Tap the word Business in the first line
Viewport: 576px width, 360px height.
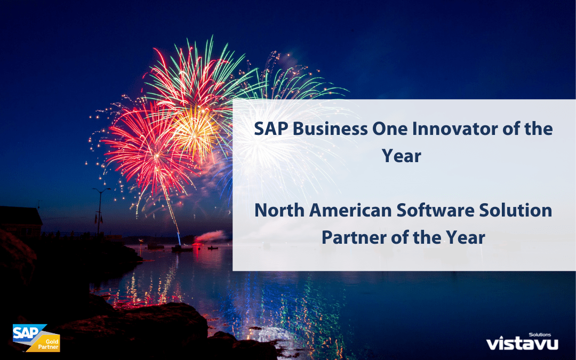click(x=330, y=129)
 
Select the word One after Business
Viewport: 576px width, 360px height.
click(x=389, y=129)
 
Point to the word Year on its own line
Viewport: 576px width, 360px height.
click(x=402, y=156)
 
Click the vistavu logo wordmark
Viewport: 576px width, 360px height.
click(x=522, y=343)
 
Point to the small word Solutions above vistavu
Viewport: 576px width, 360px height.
click(x=540, y=334)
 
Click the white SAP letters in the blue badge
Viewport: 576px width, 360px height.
click(x=26, y=333)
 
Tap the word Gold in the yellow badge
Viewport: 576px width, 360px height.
click(x=52, y=342)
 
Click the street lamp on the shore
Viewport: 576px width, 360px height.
click(x=100, y=212)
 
